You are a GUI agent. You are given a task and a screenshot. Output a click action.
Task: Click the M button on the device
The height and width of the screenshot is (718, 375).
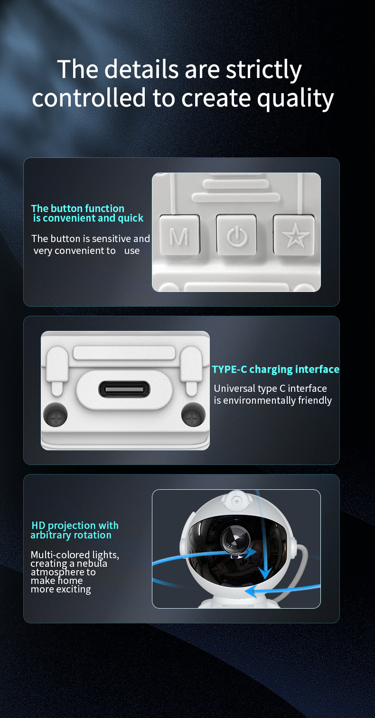179,235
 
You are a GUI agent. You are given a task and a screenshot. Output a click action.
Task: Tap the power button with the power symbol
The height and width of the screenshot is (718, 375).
237,235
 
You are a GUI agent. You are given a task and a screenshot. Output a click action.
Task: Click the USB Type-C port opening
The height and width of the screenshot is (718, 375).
124,389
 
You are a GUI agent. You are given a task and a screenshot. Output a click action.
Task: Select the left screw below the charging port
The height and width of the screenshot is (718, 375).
55,415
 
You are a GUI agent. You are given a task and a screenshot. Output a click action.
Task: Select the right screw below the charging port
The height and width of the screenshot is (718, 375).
193,415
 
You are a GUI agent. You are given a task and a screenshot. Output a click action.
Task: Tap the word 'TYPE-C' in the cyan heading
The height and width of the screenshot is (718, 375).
229,369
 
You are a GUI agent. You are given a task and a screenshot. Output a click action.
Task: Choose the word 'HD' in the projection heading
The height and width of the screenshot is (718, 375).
38,525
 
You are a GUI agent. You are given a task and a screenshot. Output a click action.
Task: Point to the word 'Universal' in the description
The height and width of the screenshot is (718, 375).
234,388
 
